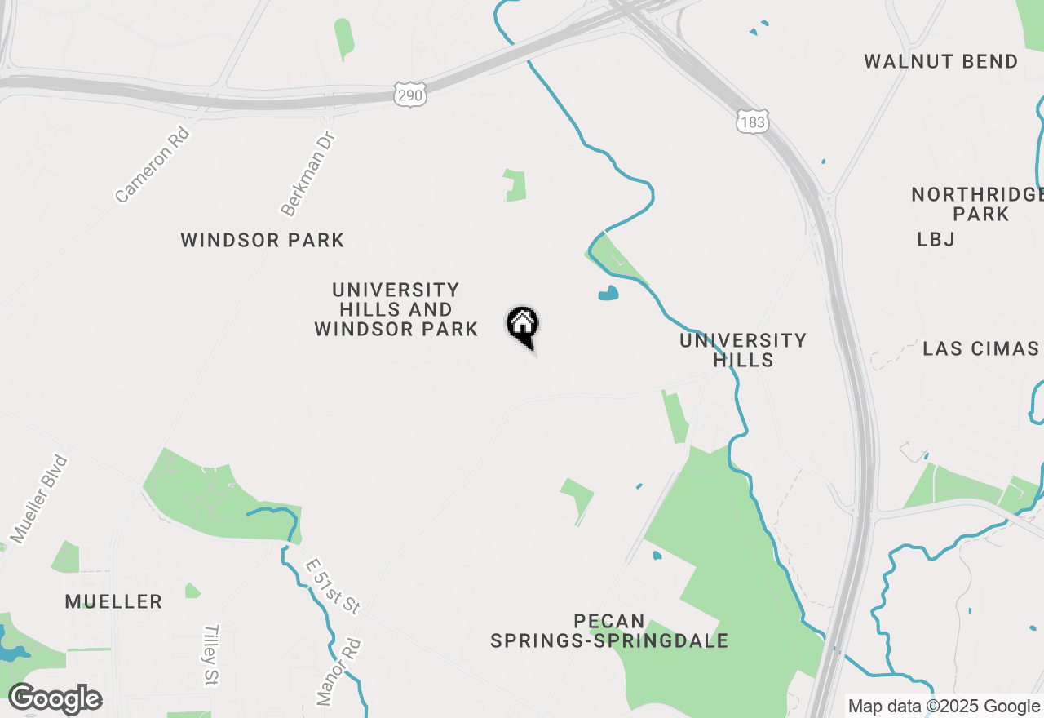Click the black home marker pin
523,326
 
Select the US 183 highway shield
751,122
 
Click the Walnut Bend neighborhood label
941,62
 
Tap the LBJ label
936,239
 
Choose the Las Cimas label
980,349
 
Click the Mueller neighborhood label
113,602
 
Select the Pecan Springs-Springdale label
609,632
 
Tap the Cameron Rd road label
153,164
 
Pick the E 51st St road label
332,587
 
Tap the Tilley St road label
212,655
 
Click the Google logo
55,699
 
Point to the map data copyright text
944,707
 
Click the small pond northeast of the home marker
608,293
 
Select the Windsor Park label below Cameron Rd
262,240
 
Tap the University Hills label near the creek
743,350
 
